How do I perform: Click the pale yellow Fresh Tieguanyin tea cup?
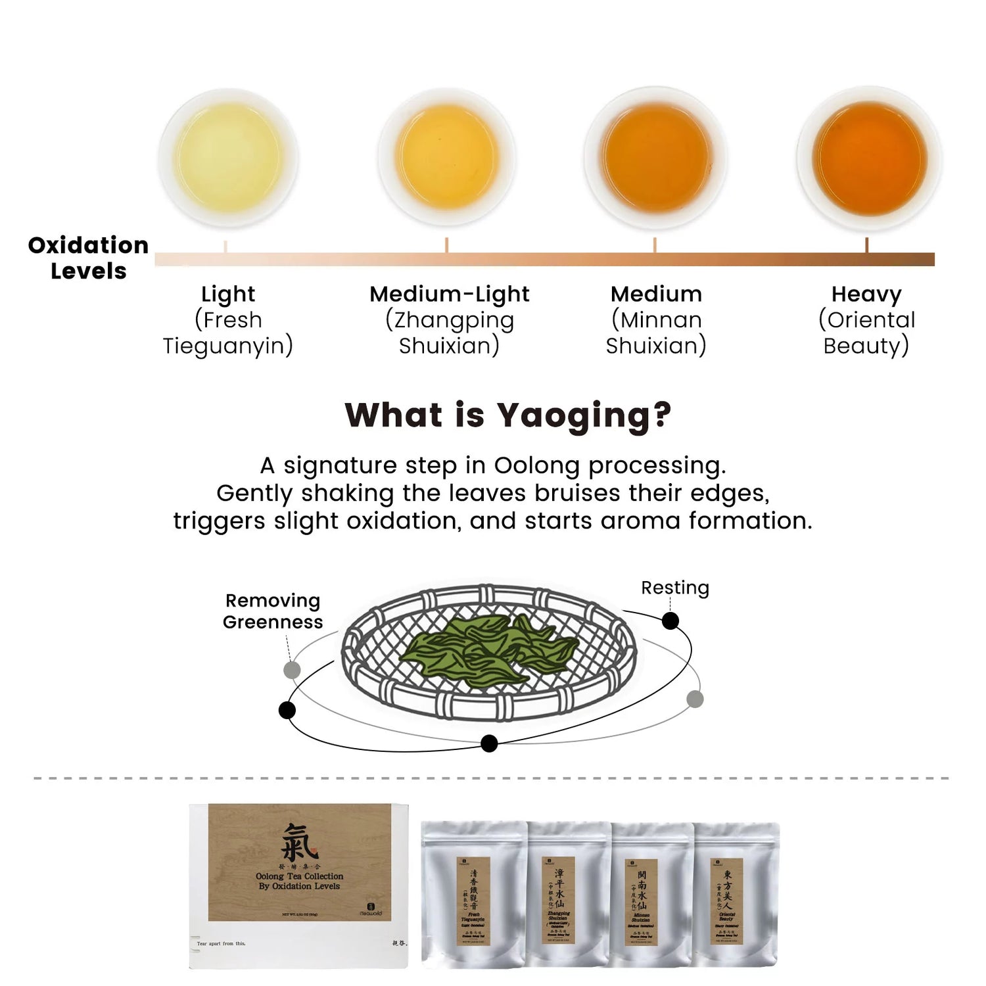228,158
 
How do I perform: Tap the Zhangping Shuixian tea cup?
446,157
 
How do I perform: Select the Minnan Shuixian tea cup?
655,158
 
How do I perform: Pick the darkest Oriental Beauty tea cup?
869,158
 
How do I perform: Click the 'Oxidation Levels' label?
88,258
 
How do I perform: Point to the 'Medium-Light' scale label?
449,294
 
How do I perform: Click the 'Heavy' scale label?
866,294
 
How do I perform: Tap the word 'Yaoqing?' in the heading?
584,415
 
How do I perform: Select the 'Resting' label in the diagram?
675,588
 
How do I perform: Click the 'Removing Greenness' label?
273,611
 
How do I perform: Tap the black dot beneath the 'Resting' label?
670,621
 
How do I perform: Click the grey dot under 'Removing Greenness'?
292,670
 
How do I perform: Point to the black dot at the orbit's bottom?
489,743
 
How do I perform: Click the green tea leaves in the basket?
490,651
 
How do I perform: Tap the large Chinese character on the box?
299,843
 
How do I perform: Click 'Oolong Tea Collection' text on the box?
300,876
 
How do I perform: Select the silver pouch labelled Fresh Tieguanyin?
474,894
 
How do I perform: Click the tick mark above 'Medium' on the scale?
655,245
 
